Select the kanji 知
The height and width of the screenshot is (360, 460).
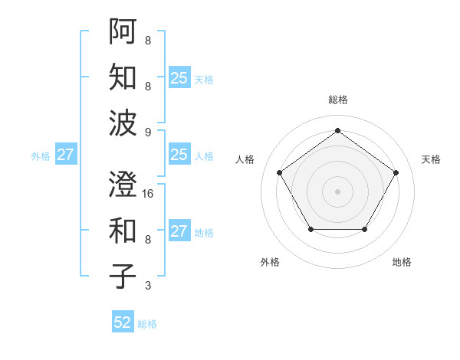[x=123, y=77]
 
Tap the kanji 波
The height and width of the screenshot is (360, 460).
[x=123, y=123]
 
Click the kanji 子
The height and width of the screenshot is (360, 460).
[x=123, y=276]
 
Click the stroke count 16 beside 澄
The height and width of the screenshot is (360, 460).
[x=149, y=194]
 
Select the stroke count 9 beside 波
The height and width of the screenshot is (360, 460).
[x=148, y=133]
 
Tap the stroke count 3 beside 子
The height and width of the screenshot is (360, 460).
[x=148, y=286]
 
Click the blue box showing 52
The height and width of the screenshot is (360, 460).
[x=123, y=322]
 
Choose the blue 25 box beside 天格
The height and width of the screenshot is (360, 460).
[x=179, y=77]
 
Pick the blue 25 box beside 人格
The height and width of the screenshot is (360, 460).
[x=179, y=155]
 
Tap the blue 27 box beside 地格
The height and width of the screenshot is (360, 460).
[x=179, y=231]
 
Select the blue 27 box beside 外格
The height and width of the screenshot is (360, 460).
[x=66, y=155]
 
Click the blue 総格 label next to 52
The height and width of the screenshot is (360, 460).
[x=147, y=323]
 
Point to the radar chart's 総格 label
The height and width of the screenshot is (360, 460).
[x=337, y=100]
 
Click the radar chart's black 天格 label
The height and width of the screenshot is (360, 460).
[x=431, y=159]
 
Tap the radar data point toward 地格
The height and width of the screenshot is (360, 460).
[x=364, y=229]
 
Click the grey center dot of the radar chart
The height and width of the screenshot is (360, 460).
[x=337, y=191]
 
